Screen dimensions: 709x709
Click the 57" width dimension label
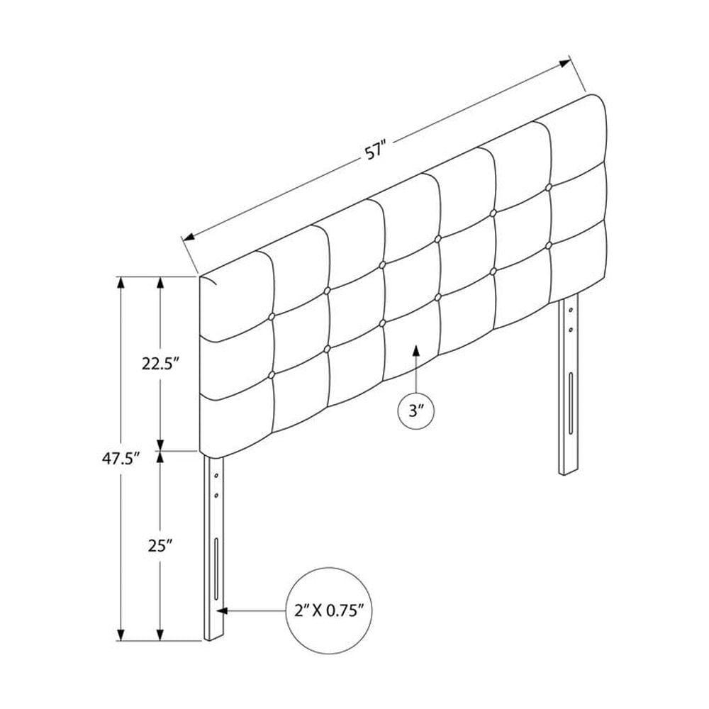click(x=376, y=151)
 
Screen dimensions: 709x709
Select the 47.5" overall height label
click(x=120, y=459)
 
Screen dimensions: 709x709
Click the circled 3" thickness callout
click(x=416, y=411)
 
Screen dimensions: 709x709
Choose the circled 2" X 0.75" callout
click(x=329, y=611)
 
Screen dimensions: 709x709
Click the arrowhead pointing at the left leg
click(x=221, y=611)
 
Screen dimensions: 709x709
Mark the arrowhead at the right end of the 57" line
click(x=565, y=63)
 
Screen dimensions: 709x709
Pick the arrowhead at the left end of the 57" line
click(x=188, y=237)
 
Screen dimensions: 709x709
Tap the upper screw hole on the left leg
click(x=216, y=476)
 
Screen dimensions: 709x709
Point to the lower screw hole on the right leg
click(x=571, y=329)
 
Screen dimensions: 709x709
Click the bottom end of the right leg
click(x=569, y=472)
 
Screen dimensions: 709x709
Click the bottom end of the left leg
click(x=214, y=637)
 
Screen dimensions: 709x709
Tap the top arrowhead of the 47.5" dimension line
click(x=121, y=282)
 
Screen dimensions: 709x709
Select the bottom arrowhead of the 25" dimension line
click(x=160, y=635)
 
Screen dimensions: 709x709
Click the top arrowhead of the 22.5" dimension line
click(x=160, y=282)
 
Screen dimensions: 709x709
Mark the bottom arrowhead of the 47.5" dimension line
click(x=121, y=635)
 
